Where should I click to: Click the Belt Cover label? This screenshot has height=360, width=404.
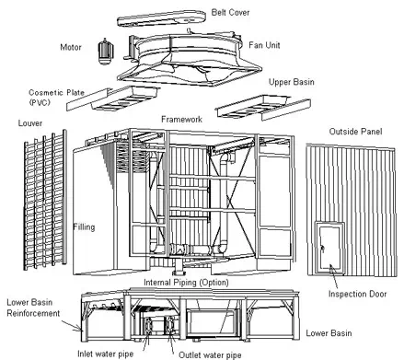[230, 12]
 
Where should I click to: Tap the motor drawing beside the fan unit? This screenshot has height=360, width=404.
[105, 52]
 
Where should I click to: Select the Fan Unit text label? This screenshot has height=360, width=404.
[264, 45]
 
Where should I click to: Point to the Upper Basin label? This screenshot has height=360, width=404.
[291, 82]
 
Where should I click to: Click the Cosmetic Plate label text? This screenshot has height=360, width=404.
[56, 98]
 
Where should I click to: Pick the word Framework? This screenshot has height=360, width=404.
[181, 119]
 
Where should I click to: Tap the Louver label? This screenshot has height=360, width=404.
[30, 123]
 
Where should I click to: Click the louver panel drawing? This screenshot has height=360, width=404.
[45, 200]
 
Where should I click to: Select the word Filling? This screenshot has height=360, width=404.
[84, 227]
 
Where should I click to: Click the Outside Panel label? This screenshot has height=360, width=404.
[355, 132]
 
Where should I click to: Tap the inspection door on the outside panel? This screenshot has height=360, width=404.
[329, 248]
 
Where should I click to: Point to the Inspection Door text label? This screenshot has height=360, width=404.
[357, 294]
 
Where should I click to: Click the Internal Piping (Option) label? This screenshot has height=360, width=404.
[186, 283]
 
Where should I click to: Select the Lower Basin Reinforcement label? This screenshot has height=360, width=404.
[33, 308]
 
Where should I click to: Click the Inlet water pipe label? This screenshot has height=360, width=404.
[105, 354]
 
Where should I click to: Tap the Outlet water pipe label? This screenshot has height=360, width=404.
[210, 355]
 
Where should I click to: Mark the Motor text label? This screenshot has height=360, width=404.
[71, 47]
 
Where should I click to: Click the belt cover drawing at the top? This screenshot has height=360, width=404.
[161, 18]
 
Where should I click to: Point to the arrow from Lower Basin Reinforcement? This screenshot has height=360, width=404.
[73, 326]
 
